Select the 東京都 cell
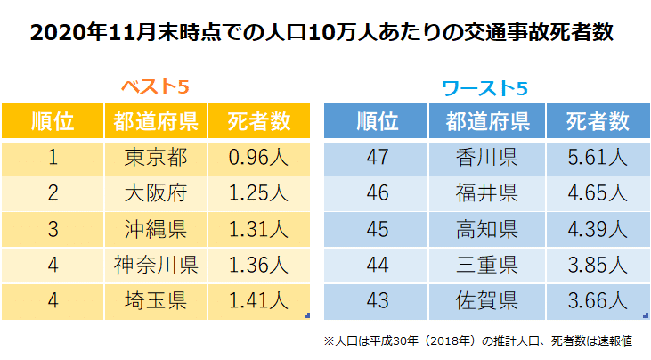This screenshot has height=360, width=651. [x=157, y=158]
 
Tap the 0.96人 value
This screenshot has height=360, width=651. [x=258, y=158]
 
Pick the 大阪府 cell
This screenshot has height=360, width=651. [x=157, y=193]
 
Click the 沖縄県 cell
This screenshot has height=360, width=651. [x=157, y=229]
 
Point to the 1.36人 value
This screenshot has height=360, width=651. [x=258, y=265]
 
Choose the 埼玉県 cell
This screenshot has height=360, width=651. [x=157, y=300]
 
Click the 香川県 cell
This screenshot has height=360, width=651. [x=486, y=158]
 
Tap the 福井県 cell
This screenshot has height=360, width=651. [x=486, y=193]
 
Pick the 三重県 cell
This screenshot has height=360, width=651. [x=486, y=265]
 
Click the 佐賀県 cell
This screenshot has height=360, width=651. [x=486, y=300]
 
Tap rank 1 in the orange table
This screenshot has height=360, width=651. [x=53, y=158]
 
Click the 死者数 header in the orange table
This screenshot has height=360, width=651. [x=258, y=120]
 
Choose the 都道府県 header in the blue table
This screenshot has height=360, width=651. [x=486, y=120]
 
